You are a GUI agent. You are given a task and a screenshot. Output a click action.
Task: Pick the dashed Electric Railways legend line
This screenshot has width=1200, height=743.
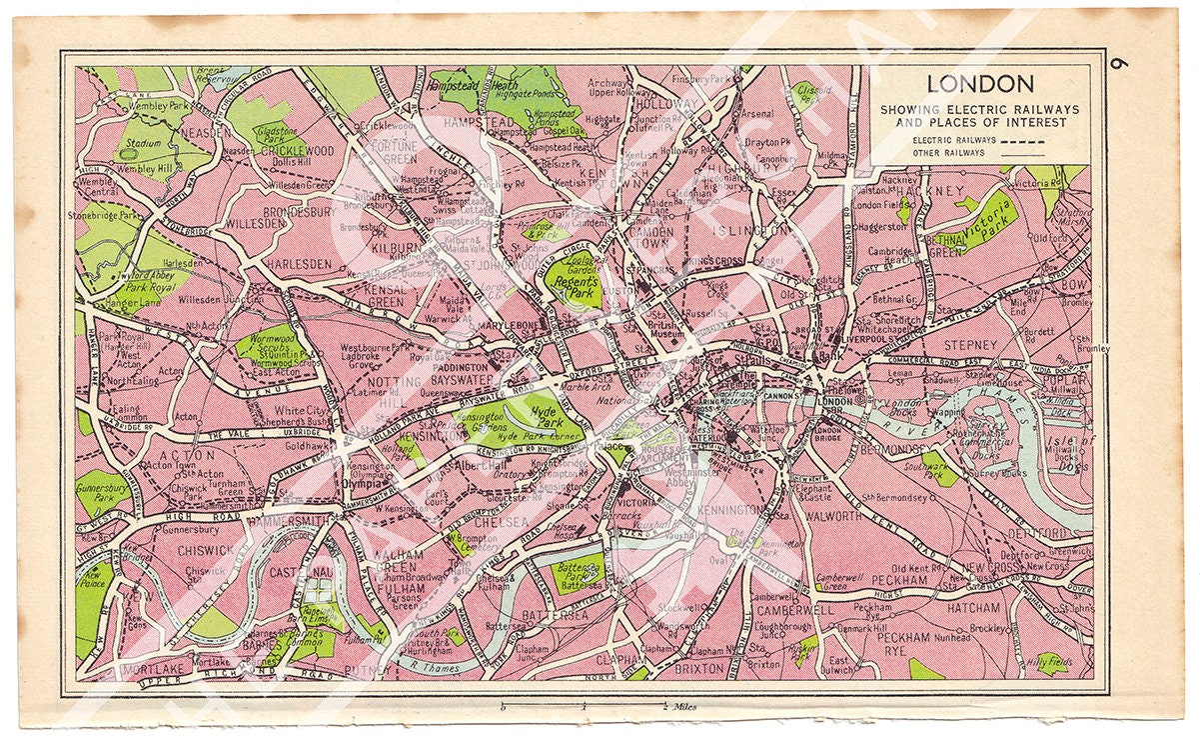coord(1029,141)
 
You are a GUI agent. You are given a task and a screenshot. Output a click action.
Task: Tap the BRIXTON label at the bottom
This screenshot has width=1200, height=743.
coord(699,665)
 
